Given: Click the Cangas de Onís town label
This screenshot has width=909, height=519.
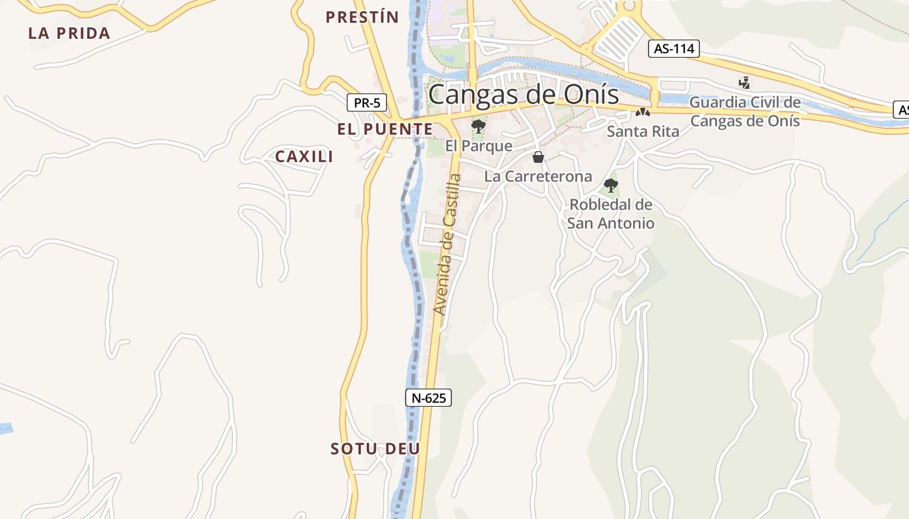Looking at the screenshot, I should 523,95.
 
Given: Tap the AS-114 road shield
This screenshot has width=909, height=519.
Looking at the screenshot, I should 673,49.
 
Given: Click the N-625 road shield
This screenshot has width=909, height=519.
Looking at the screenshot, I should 429,398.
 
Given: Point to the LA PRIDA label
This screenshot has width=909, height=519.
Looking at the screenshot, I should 69,34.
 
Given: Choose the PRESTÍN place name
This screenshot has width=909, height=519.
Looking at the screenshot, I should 362,18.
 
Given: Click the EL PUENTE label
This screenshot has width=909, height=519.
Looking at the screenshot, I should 384,129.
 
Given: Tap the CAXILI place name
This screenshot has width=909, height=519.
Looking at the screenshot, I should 304,156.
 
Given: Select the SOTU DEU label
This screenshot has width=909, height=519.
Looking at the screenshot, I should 375,448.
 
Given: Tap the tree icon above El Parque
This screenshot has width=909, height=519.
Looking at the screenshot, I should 479,126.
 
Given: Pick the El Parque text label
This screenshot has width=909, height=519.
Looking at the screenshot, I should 479,146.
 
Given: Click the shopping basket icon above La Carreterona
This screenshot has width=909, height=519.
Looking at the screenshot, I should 538,156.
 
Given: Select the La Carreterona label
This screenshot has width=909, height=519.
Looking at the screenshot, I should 538,176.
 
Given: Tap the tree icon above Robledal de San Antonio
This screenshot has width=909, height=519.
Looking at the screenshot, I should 610,185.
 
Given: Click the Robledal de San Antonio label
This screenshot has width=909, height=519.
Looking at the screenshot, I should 610,213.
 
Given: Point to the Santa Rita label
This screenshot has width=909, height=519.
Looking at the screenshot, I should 643,131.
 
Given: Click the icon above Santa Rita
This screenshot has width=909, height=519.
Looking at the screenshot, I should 643,112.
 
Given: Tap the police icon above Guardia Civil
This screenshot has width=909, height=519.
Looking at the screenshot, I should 745,82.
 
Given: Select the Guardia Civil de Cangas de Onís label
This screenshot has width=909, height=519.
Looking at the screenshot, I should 745,111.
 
